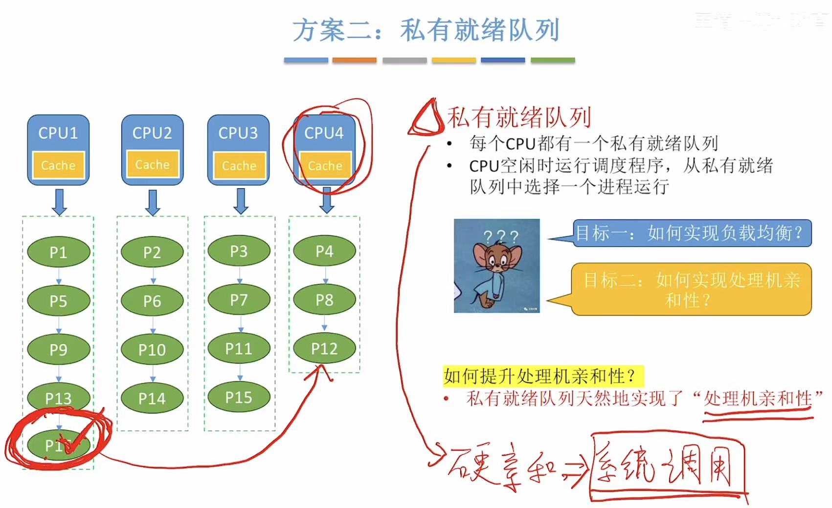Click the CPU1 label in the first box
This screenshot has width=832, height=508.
[58, 133]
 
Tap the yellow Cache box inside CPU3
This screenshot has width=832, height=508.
[239, 165]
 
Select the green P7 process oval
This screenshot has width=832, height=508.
[239, 300]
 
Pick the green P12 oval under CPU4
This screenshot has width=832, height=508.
[324, 349]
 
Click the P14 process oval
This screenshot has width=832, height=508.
[152, 398]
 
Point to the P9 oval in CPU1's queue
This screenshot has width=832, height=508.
[58, 350]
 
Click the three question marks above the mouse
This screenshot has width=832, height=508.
[500, 237]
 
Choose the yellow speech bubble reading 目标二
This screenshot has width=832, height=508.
[691, 289]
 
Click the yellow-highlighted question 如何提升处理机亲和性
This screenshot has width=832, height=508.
[541, 376]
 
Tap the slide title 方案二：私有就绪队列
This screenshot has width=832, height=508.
[426, 30]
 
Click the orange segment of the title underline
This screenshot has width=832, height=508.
[354, 60]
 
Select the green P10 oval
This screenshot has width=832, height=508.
[152, 350]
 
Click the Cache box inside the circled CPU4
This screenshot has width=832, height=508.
[325, 165]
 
